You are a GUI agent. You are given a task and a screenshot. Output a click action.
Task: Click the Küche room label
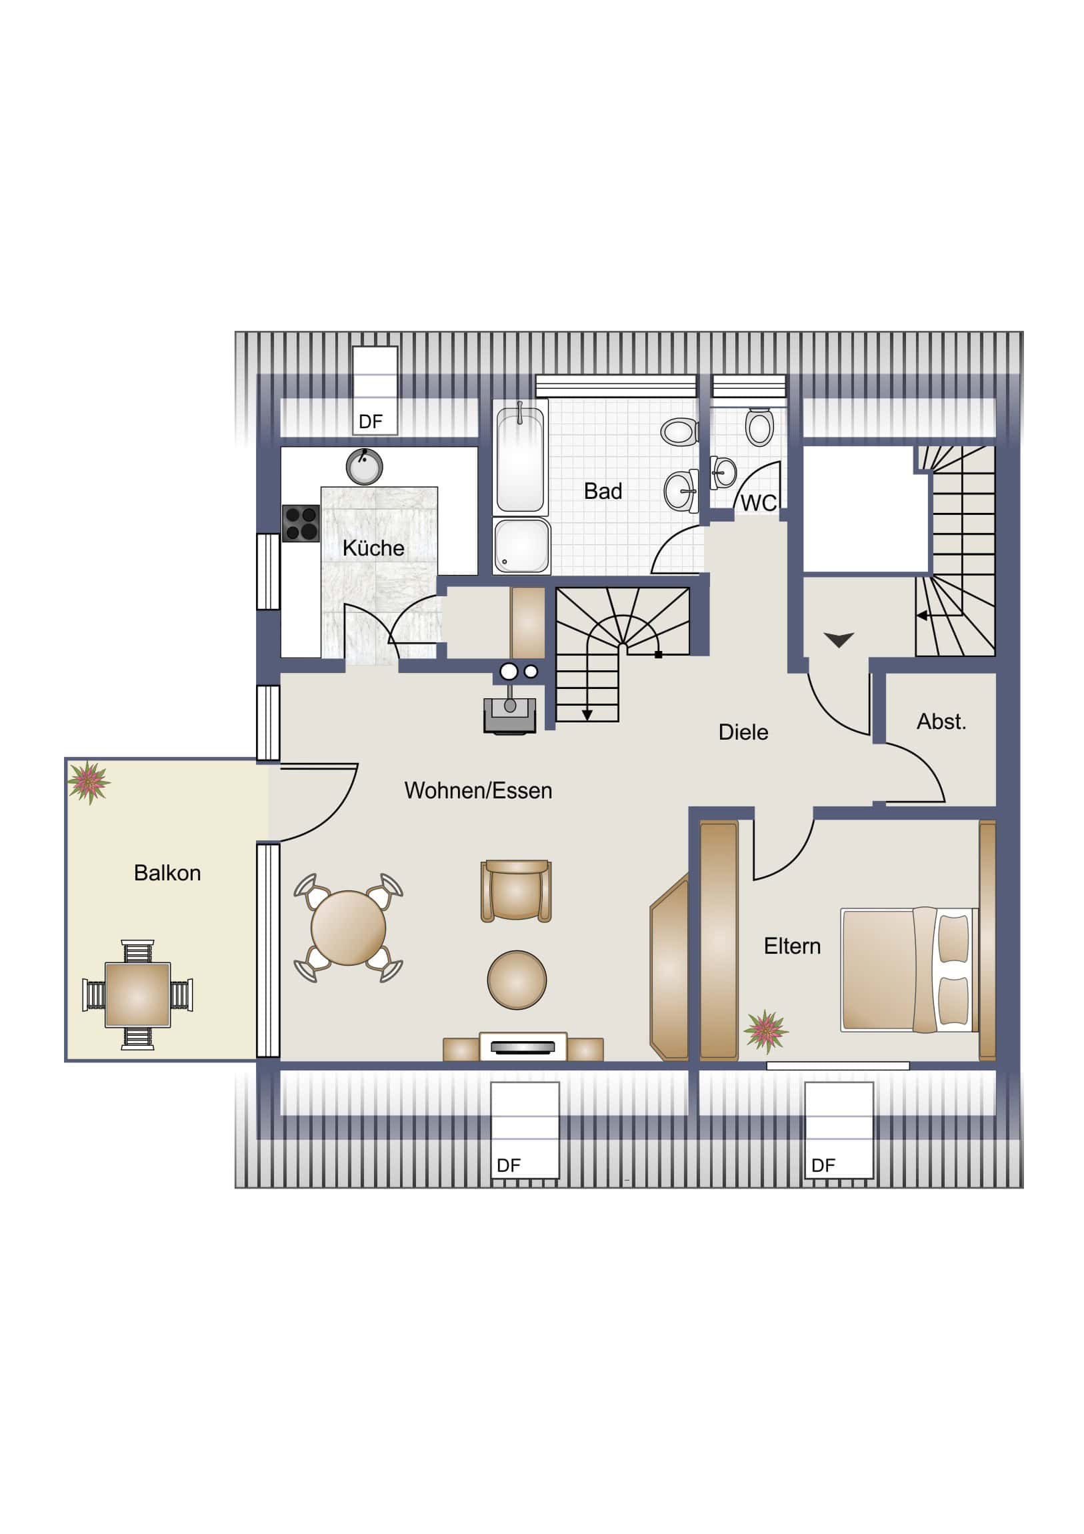(x=373, y=548)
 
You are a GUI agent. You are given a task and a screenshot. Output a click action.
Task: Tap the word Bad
(x=603, y=491)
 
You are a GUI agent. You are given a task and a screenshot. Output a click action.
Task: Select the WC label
(x=759, y=503)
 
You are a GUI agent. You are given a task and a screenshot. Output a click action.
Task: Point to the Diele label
(x=743, y=732)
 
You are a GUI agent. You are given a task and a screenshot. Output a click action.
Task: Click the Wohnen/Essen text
(x=478, y=790)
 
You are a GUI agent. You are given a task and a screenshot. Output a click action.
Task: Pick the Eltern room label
(x=792, y=946)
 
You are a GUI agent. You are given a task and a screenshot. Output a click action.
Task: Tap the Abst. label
(x=941, y=722)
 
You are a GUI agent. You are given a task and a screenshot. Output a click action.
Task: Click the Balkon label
(x=167, y=872)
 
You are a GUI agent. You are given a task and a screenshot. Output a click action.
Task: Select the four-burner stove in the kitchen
(x=301, y=523)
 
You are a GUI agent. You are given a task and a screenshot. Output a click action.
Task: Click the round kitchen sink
(x=364, y=466)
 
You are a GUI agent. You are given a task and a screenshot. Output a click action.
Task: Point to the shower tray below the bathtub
(x=521, y=546)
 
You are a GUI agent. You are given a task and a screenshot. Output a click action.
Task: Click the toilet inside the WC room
(x=759, y=426)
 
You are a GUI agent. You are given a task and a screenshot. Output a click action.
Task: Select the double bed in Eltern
(x=909, y=970)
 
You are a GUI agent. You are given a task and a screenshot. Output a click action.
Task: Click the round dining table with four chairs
(x=348, y=928)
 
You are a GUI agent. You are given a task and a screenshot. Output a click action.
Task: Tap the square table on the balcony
(x=137, y=995)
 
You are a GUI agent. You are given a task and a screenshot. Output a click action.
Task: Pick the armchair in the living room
(x=516, y=891)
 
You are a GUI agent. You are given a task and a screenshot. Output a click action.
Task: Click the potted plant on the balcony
(x=89, y=782)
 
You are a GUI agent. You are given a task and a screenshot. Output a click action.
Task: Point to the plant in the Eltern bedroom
(x=766, y=1031)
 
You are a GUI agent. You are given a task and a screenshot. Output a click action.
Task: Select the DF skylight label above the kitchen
(x=371, y=422)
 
